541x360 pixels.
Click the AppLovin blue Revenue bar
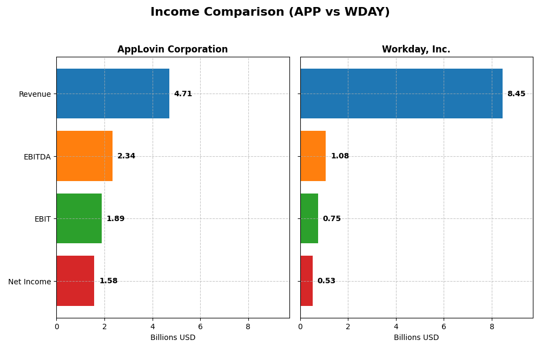(x=113, y=94)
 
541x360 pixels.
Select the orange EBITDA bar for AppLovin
(x=84, y=156)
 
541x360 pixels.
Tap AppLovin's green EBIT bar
(x=79, y=218)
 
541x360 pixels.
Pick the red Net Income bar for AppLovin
(x=75, y=281)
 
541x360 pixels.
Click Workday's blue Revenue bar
(x=401, y=94)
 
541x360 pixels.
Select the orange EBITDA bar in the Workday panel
(x=313, y=156)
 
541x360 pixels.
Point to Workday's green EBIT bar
(x=309, y=218)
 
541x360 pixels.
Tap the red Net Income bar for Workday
(x=306, y=281)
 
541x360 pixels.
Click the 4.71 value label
(x=183, y=94)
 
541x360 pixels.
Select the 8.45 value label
(x=516, y=94)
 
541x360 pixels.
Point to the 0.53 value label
(x=326, y=281)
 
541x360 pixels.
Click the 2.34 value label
(x=126, y=156)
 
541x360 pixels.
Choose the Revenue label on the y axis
(x=35, y=94)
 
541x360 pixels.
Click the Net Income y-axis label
(x=29, y=282)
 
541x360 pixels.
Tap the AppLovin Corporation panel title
(x=173, y=50)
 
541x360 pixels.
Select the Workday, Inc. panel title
(x=416, y=50)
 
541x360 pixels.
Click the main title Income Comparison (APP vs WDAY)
(x=270, y=12)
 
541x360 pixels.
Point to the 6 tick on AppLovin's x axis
(x=200, y=326)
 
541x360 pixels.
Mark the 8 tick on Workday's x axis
(x=492, y=326)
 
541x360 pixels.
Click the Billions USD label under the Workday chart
(x=416, y=338)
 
